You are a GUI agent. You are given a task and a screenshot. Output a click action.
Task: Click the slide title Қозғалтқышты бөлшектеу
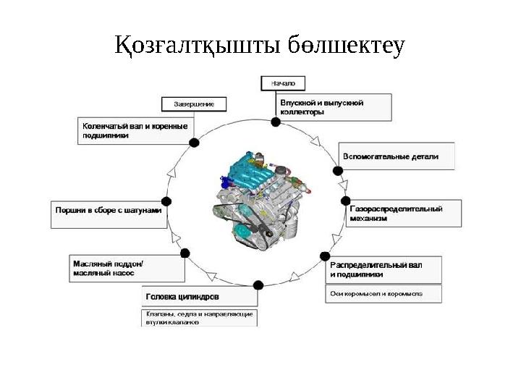(x=260, y=46)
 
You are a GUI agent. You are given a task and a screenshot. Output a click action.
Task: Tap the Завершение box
(x=193, y=104)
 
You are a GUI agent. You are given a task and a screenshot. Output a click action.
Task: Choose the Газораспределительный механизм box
(x=402, y=213)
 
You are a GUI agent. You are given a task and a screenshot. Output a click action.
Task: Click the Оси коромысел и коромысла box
(x=381, y=295)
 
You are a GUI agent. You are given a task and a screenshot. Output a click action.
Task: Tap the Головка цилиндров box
(x=199, y=297)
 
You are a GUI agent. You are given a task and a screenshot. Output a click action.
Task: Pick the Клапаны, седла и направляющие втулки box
(x=199, y=318)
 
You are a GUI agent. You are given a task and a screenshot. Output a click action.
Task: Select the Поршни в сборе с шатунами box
(x=106, y=213)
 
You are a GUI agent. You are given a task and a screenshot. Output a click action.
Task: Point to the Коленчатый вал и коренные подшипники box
(x=134, y=130)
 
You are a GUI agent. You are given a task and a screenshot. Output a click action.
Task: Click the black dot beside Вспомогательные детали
(x=337, y=171)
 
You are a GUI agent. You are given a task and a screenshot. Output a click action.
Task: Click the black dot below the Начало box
(x=276, y=122)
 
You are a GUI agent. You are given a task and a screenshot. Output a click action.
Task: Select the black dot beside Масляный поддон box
(x=185, y=253)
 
